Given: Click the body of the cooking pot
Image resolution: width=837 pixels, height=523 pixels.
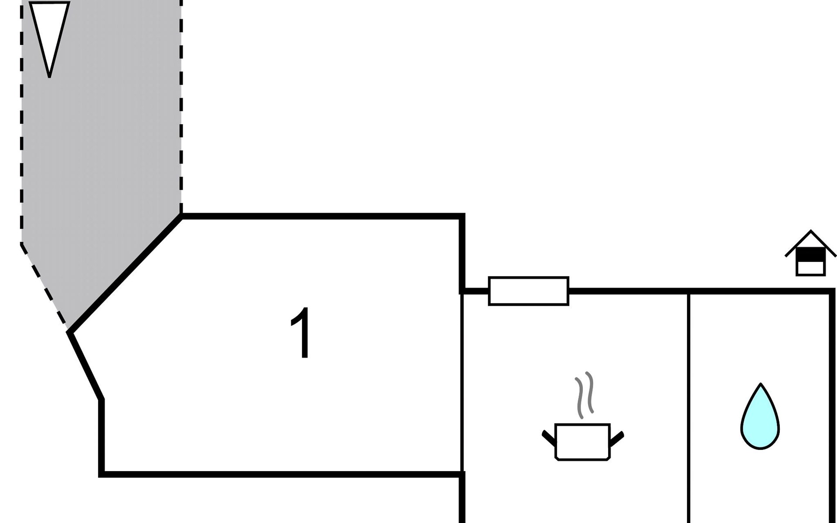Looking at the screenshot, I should point(582,441).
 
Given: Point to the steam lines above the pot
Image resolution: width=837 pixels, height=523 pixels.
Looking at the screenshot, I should point(585,394).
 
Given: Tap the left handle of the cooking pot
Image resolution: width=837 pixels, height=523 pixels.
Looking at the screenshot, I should point(549,438).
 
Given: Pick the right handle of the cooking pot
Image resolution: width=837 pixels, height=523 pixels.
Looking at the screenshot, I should point(616,439).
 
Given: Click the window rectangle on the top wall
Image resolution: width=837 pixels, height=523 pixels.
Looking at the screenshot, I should point(528,291).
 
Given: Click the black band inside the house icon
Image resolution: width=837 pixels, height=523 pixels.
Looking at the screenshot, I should point(810,255).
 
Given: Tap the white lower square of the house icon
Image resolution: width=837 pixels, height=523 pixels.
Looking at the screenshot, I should point(810,268).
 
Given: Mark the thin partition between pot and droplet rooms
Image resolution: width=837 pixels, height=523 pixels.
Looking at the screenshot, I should point(688,405).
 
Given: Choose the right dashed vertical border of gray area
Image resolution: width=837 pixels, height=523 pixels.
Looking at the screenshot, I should point(181,109).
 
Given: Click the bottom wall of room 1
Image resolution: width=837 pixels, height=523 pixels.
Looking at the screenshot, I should point(279,474).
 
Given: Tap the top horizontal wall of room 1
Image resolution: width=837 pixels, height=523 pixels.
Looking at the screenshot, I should point(323,216).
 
